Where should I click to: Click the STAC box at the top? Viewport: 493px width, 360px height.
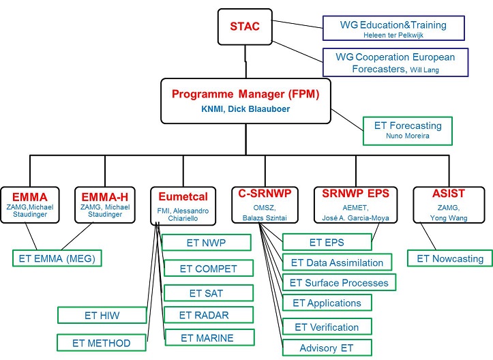click(x=245, y=27)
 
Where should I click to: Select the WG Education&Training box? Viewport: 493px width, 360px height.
click(x=393, y=29)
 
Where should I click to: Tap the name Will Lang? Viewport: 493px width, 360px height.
click(x=424, y=70)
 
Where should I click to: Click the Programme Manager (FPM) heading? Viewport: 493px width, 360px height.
click(x=245, y=94)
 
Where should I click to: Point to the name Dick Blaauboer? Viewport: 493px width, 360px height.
click(x=258, y=109)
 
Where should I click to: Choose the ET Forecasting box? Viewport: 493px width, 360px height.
click(x=408, y=131)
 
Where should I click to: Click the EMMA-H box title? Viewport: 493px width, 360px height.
click(x=105, y=197)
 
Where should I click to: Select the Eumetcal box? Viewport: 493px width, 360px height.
click(x=183, y=207)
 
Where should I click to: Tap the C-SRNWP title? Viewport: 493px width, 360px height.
click(x=265, y=194)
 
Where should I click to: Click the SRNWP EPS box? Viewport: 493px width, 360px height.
click(x=356, y=205)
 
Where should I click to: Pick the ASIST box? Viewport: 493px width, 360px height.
click(x=449, y=205)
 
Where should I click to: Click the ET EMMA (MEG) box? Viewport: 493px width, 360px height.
click(x=57, y=258)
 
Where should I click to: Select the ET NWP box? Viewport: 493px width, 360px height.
click(x=206, y=243)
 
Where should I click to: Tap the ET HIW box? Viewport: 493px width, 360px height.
click(x=102, y=316)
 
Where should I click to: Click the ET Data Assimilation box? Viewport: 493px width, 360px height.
click(x=337, y=262)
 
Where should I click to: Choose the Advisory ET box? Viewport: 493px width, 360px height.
click(x=327, y=348)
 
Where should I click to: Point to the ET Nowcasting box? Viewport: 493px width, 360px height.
click(x=450, y=258)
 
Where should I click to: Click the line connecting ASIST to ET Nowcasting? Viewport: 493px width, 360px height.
click(x=428, y=236)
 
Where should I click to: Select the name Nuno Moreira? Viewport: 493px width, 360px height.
click(x=408, y=136)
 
